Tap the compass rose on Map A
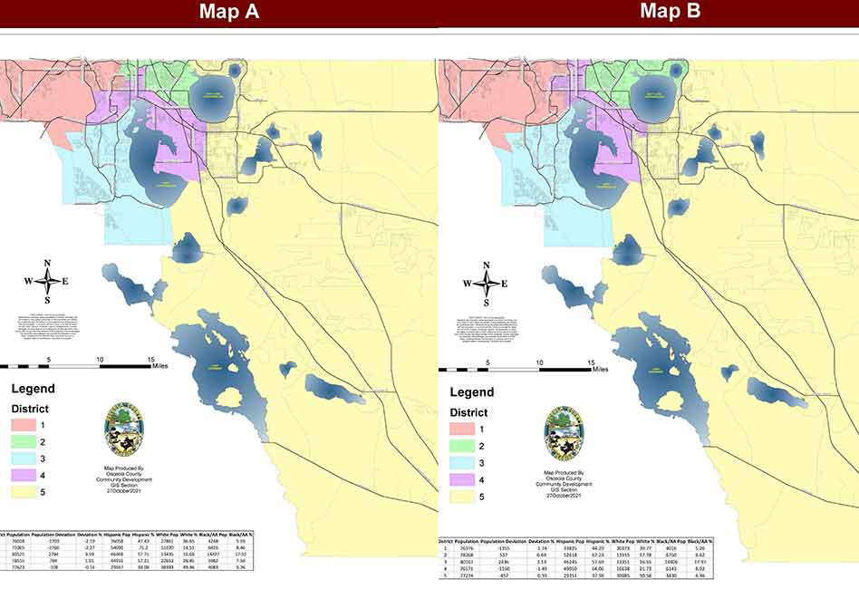click(48, 280)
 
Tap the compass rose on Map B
click(487, 282)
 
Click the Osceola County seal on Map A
click(124, 430)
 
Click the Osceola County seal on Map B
click(564, 432)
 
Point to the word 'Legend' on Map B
click(472, 392)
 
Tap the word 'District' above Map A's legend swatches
click(30, 409)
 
